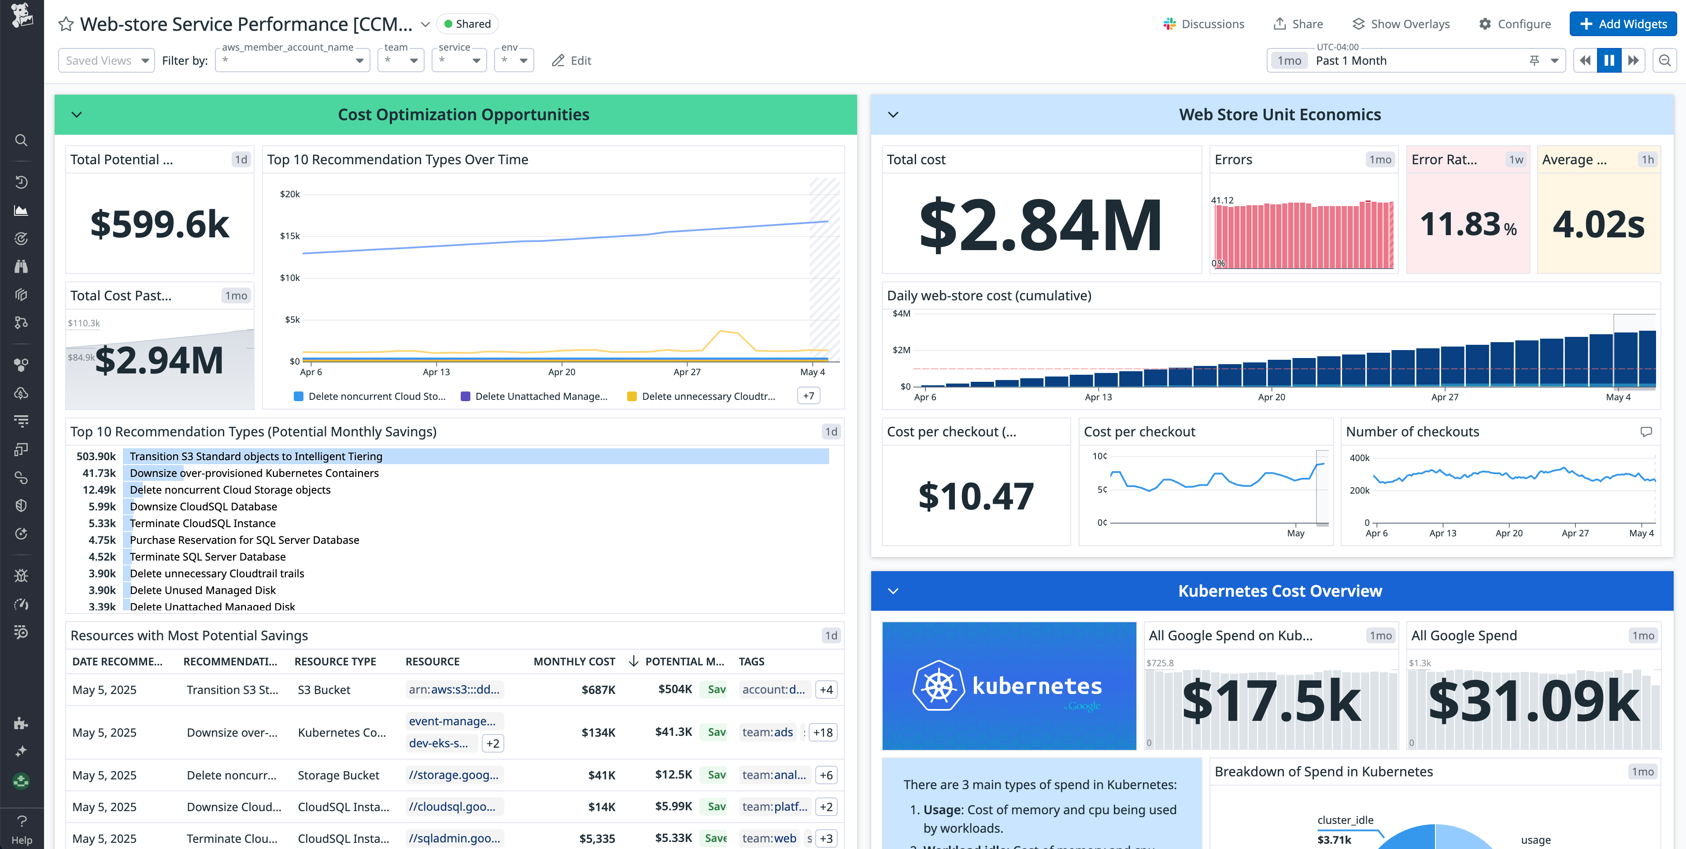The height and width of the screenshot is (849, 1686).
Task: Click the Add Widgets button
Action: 1623,24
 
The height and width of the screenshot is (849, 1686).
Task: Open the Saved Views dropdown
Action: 106,61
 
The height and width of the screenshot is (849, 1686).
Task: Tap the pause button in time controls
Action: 1609,61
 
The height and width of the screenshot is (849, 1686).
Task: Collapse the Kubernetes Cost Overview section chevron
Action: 893,591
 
